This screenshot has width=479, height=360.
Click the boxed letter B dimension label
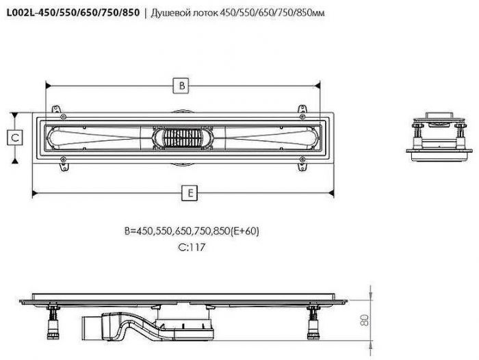tap(181, 86)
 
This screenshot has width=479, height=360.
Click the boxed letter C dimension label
tap(15, 137)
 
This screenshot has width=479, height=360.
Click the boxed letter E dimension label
tap(190, 193)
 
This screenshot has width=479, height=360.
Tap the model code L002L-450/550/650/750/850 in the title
tap(73, 12)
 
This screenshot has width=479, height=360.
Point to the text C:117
tap(192, 247)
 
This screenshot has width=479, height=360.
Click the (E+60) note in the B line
tap(244, 231)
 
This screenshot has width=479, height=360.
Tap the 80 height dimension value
tap(365, 320)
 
